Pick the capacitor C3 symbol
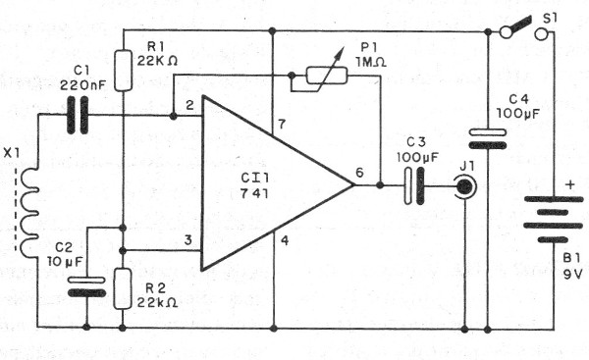click(413, 185)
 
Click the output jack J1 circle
click(464, 185)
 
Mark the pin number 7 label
click(281, 124)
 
